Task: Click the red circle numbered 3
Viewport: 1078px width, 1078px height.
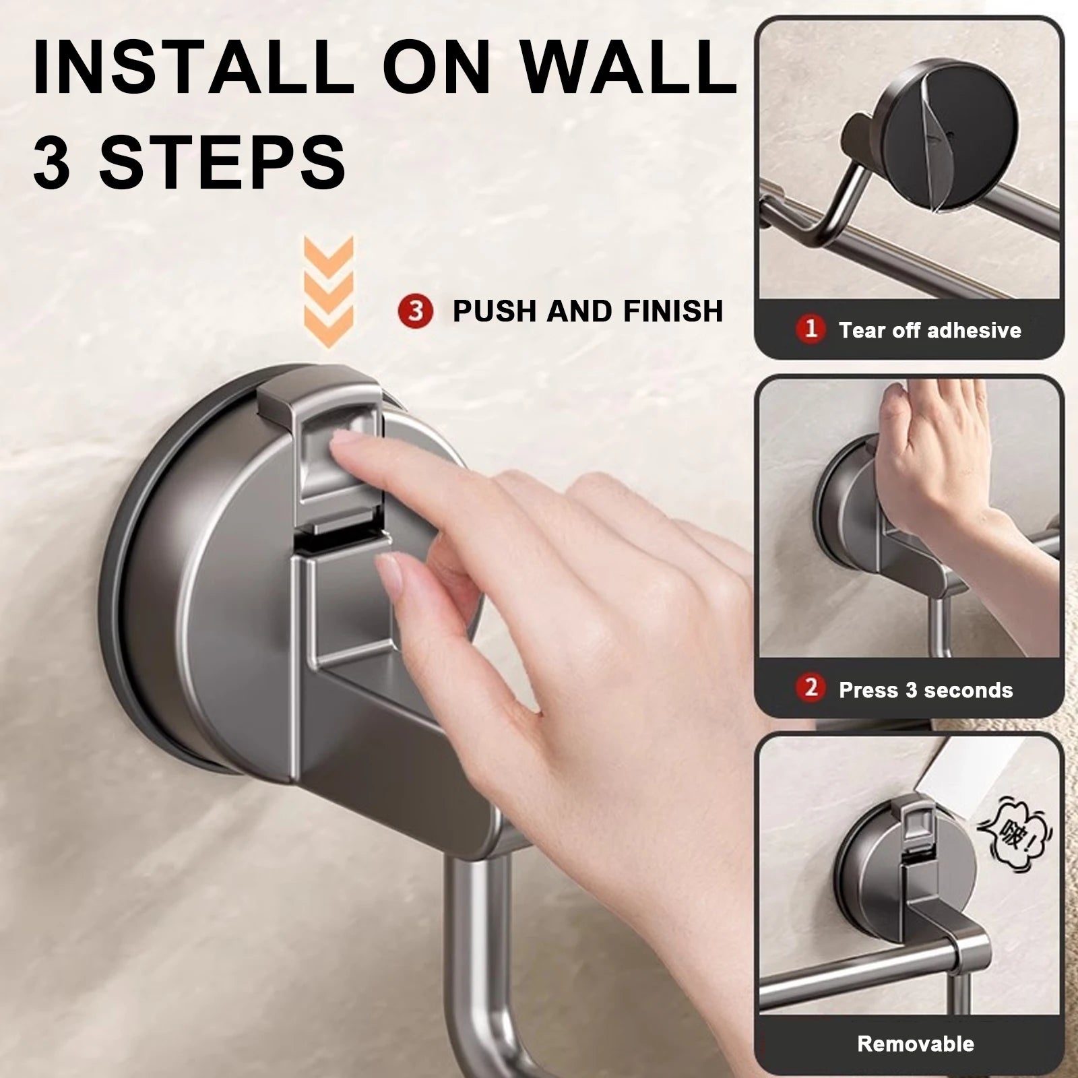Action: (415, 311)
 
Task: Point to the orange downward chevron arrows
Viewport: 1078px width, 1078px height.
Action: (328, 291)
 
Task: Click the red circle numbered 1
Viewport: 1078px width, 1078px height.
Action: (811, 329)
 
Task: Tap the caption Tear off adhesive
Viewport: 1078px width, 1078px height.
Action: (930, 330)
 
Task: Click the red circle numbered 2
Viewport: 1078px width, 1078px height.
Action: (811, 689)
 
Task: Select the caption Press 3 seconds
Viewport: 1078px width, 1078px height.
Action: (926, 690)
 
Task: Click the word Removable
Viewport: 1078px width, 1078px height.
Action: (915, 1044)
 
